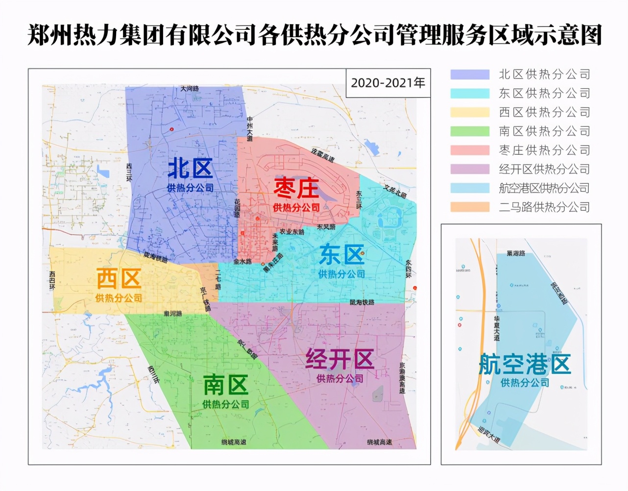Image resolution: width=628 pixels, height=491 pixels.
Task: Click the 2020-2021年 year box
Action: tap(387, 82)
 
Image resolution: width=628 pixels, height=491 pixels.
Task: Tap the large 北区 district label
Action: tap(190, 169)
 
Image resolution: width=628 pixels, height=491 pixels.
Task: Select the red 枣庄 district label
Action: tap(296, 189)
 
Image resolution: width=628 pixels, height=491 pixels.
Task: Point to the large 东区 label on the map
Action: tap(341, 255)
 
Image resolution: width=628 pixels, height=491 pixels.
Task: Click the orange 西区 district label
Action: tap(119, 279)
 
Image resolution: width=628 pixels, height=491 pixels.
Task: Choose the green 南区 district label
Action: tap(226, 385)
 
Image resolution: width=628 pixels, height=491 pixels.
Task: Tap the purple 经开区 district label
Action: tap(339, 360)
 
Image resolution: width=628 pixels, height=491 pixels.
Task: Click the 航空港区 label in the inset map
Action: tap(525, 365)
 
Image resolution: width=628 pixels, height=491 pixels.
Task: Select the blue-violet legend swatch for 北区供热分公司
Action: tap(470, 74)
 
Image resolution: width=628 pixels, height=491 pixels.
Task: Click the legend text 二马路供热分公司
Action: tap(544, 207)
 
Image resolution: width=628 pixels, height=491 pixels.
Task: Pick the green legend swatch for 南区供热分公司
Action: tap(470, 131)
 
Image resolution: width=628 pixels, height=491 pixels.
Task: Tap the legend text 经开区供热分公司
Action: tap(544, 169)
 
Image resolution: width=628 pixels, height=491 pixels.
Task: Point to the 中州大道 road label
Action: tap(250, 129)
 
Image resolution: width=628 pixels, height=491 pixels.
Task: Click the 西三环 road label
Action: tap(129, 172)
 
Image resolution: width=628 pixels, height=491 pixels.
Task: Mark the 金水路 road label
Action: tap(242, 262)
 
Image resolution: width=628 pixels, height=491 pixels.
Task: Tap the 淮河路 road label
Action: tap(172, 313)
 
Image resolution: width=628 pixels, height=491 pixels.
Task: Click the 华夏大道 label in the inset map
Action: tap(497, 328)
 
